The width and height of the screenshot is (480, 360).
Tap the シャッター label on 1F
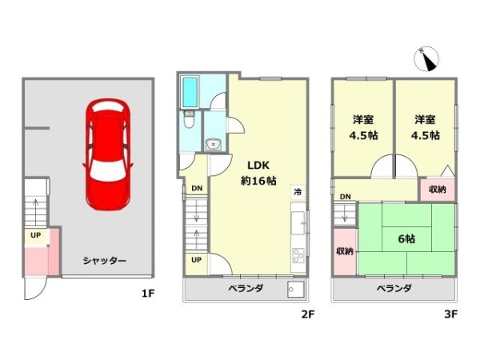[104, 260]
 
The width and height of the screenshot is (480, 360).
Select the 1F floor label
[147, 294]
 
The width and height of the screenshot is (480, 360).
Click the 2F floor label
[306, 314]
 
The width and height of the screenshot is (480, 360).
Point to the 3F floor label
[450, 314]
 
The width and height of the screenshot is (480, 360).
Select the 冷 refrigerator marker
[297, 192]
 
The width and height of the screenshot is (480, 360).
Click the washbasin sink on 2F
[214, 144]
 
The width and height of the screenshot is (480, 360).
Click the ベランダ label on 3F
[394, 289]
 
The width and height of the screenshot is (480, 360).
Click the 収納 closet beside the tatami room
[344, 250]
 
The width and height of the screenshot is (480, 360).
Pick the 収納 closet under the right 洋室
[437, 190]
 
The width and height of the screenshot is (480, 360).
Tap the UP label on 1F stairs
[35, 235]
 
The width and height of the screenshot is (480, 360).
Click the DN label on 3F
[345, 197]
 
